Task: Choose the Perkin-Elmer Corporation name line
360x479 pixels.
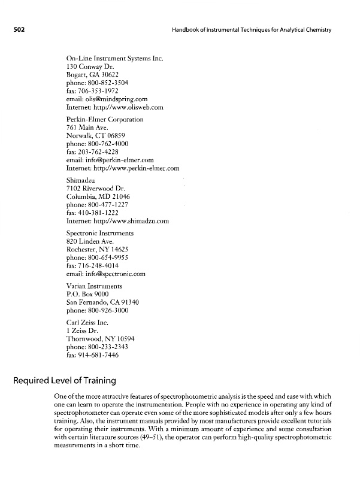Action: [105, 120]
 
